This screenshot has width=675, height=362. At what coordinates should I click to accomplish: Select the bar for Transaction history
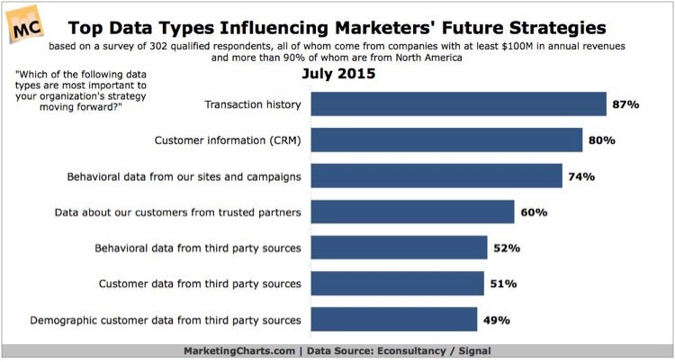[x=458, y=104]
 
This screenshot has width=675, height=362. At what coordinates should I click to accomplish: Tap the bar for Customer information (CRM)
[x=446, y=140]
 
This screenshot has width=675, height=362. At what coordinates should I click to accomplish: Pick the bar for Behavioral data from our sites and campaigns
[x=436, y=176]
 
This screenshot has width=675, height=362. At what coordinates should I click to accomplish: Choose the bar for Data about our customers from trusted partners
[x=412, y=213]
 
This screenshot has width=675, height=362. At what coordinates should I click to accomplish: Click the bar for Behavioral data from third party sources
[x=399, y=248]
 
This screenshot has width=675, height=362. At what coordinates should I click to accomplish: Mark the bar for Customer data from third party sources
[x=397, y=284]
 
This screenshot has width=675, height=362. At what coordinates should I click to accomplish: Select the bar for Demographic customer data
[x=393, y=320]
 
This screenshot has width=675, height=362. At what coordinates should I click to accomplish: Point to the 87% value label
[x=626, y=104]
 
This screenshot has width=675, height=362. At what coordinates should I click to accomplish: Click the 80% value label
[x=602, y=140]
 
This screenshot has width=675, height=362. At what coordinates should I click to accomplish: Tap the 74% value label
[x=581, y=176]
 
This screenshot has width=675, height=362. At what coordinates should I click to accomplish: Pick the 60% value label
[x=534, y=213]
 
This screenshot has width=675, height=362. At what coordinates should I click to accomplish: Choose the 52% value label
[x=506, y=248]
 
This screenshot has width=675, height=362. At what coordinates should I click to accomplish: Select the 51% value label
[x=503, y=284]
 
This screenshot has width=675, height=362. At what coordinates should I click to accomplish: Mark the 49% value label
[x=497, y=320]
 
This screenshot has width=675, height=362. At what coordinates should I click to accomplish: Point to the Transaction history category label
[x=252, y=104]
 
